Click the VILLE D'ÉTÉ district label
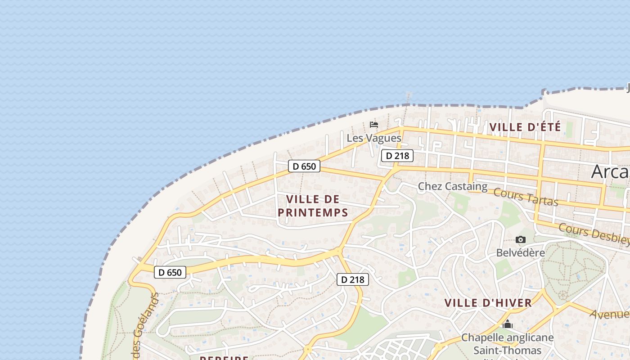525,127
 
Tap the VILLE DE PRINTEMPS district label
313,206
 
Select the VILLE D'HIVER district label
488,303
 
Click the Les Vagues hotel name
373,138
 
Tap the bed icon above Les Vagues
373,125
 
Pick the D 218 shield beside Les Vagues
397,156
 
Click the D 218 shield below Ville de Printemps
353,279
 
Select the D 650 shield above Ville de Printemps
304,166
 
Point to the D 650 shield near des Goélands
170,272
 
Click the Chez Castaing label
452,186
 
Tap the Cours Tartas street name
526,197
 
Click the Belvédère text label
520,252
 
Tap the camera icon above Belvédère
521,240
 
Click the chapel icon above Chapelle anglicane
508,324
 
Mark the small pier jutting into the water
409,98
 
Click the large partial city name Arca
610,171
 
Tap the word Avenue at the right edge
610,314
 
